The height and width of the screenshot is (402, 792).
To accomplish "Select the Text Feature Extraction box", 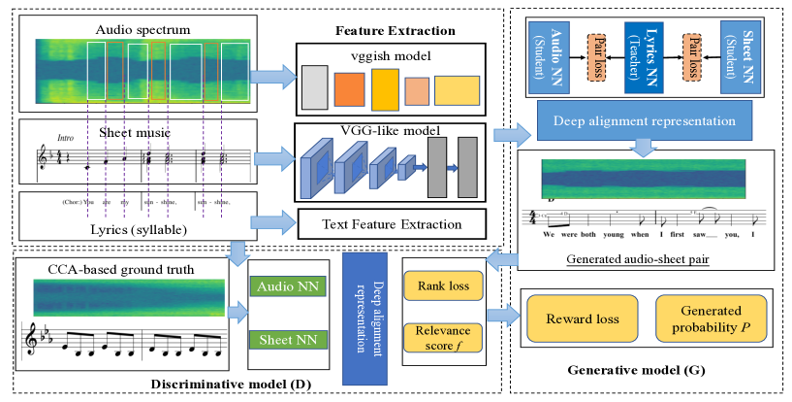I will pyautogui.click(x=392, y=225).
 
